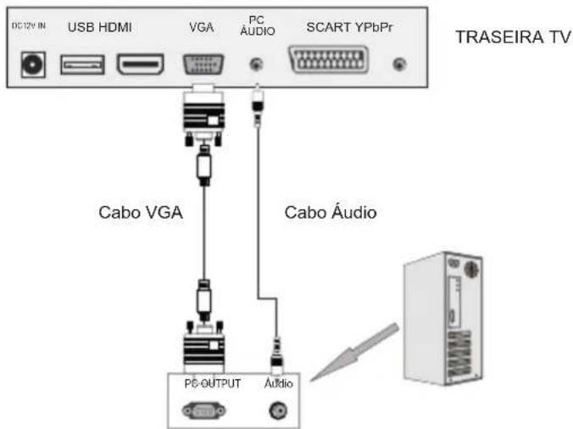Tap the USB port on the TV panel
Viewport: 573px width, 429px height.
click(x=82, y=64)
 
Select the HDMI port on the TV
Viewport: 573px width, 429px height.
click(x=141, y=64)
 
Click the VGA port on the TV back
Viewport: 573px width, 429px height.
click(x=203, y=64)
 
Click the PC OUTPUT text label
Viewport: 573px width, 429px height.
click(x=212, y=383)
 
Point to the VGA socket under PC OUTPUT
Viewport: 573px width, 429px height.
click(x=203, y=410)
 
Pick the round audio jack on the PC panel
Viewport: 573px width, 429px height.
click(x=277, y=411)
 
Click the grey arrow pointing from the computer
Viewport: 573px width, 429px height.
click(x=354, y=349)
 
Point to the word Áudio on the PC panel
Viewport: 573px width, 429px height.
click(x=278, y=383)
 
